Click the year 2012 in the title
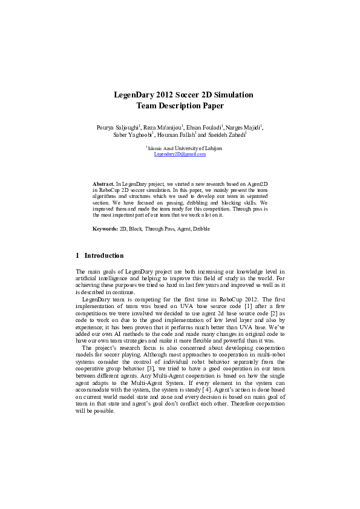165,95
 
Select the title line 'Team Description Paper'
180,106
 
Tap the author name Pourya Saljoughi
117,128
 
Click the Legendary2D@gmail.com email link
180,154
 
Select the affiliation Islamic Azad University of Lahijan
185,148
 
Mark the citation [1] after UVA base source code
249,307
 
